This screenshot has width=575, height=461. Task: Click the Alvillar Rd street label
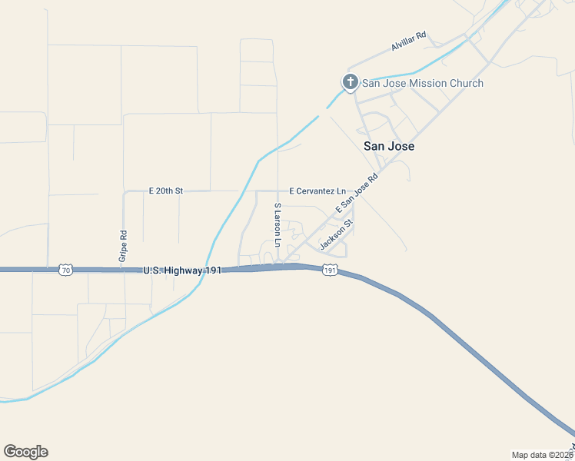pos(408,41)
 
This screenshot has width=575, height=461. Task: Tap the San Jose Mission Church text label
pos(423,83)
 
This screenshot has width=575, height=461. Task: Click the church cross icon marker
pos(350,82)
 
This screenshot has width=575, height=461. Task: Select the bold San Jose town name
pos(388,145)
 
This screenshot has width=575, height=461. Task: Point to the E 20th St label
pos(165,191)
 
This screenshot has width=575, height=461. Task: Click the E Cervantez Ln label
pos(317,191)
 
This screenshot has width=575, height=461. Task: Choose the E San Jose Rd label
pos(357,194)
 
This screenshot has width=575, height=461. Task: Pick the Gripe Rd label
pos(123,247)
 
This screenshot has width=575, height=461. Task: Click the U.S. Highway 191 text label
pos(182,270)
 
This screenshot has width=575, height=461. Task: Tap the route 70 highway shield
pos(65,270)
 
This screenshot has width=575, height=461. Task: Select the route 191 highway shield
pos(330,270)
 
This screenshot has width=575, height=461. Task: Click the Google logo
pos(25,452)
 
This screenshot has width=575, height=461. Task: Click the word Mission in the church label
pos(431,83)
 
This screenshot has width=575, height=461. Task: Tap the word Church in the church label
pos(467,83)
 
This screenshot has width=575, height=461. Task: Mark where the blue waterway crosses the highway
pos(206,270)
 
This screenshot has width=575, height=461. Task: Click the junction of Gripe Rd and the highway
pos(125,270)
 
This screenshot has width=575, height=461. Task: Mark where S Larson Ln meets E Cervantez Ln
pos(278,191)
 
